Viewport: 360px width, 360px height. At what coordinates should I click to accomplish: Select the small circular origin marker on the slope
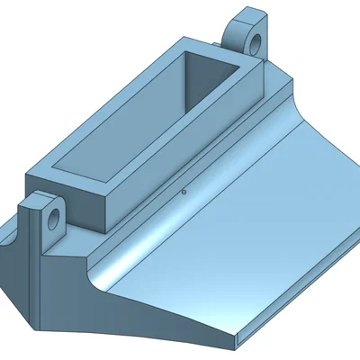tap(184, 191)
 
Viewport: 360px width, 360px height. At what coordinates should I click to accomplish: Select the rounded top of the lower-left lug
tap(38, 196)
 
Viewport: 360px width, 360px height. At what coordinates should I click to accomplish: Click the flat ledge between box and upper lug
tap(274, 76)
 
